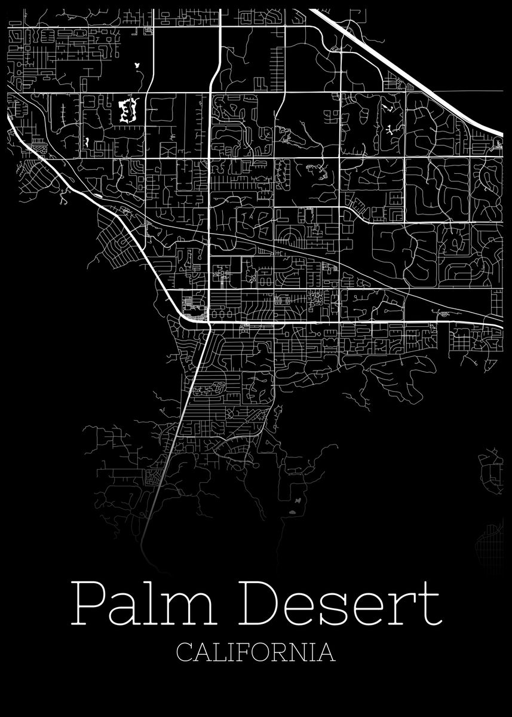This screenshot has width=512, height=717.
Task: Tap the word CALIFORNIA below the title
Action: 256,651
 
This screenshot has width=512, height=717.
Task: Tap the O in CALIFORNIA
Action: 258,651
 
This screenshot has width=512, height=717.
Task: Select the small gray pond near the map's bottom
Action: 292,512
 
